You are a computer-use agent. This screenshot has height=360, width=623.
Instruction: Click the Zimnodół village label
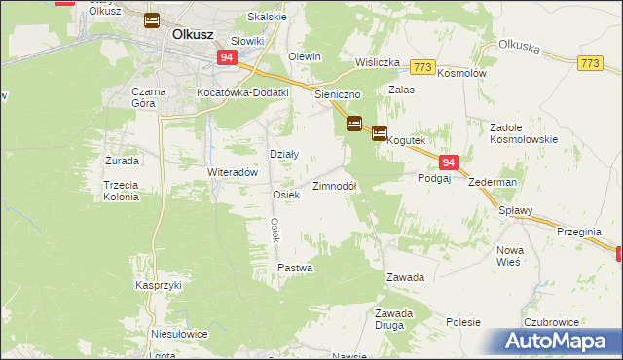tap(334, 186)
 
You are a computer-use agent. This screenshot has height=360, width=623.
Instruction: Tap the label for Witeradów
tap(232, 171)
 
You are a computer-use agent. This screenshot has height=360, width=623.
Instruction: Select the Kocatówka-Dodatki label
tap(243, 92)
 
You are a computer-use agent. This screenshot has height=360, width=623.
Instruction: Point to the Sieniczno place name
tap(338, 95)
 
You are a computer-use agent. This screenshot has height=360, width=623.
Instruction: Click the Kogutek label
tap(406, 141)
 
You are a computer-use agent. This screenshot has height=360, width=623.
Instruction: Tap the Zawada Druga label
tap(395, 318)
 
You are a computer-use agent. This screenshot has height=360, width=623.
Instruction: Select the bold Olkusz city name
tap(193, 33)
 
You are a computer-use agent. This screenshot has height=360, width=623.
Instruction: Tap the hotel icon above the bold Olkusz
tap(152, 19)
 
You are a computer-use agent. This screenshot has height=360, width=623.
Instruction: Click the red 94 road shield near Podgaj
tap(447, 163)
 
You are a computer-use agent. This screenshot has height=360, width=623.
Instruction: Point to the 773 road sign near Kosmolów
tap(421, 67)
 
